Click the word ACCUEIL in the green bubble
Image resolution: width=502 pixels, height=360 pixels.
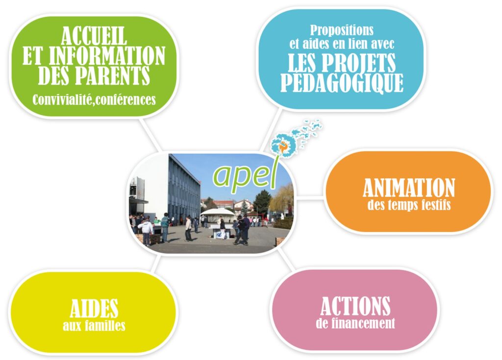point(94,36)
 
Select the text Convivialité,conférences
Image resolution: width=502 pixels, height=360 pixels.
point(94,99)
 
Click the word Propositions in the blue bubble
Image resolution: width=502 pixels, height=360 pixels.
point(342,31)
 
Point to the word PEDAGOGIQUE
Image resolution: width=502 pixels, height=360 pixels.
point(342,83)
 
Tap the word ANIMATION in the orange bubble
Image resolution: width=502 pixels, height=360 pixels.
point(409,188)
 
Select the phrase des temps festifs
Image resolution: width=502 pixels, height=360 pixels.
point(409,205)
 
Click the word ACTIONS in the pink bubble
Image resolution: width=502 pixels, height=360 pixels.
point(355,306)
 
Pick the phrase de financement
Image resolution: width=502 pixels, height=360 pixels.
point(355,323)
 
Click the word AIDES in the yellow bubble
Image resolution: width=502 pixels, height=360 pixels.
point(94,309)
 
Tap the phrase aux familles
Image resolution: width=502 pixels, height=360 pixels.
point(94,326)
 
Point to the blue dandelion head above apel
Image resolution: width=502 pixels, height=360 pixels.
point(281,144)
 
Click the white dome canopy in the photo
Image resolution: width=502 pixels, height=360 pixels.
point(217,212)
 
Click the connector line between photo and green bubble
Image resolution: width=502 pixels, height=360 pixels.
point(150,134)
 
